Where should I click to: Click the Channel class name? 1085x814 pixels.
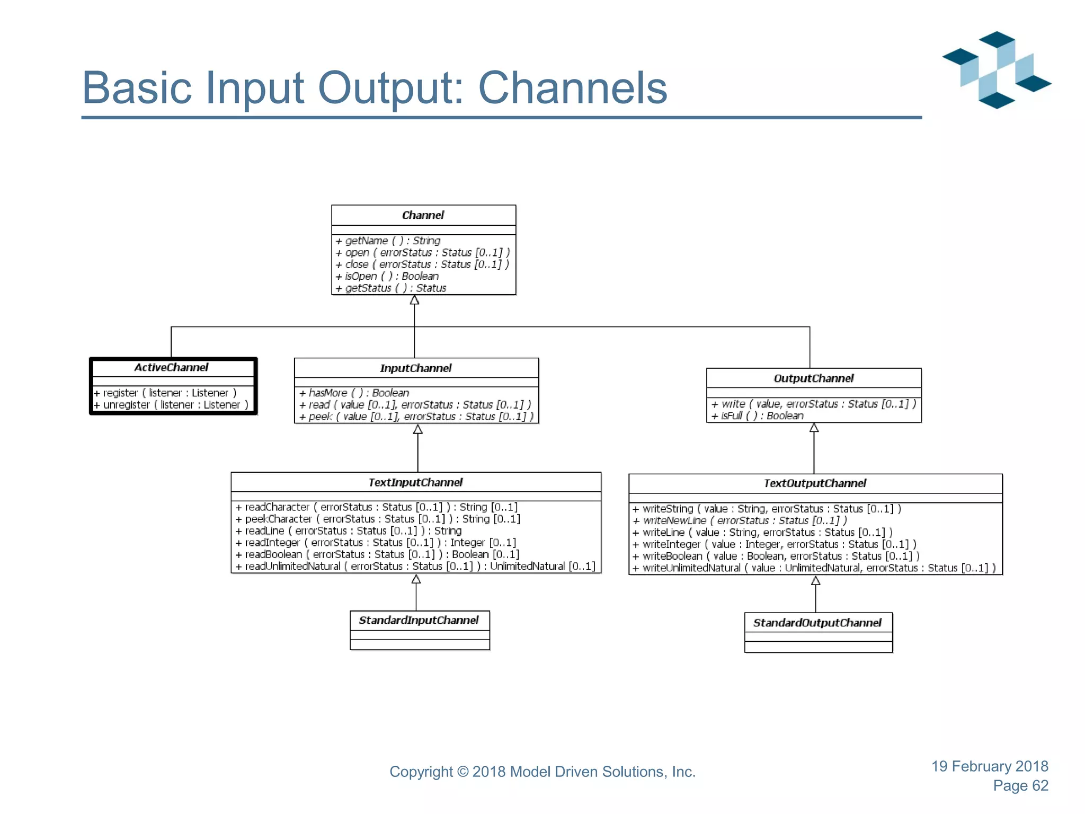coord(423,215)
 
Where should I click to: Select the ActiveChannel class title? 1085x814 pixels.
coord(171,367)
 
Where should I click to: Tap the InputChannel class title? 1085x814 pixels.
coord(415,368)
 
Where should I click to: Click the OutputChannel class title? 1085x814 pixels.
coord(813,378)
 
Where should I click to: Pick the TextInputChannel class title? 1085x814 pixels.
coord(415,482)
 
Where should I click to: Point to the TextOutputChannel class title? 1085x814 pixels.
coord(815,483)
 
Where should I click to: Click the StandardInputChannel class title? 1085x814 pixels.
coord(419,620)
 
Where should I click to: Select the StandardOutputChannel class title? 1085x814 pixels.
coord(817,623)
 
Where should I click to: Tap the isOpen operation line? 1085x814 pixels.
coord(387,276)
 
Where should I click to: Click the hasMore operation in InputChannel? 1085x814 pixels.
coord(354,393)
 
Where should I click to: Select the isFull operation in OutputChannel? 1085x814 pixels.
coord(757,416)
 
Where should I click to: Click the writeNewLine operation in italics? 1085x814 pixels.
coord(740,520)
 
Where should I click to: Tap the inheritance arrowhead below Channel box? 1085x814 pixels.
coord(414,300)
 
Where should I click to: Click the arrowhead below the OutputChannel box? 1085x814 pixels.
coord(814,428)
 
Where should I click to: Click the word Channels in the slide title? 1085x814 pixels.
coord(572,88)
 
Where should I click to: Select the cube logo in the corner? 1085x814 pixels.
coord(997,69)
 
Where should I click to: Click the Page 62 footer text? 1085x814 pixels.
coord(1020,785)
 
